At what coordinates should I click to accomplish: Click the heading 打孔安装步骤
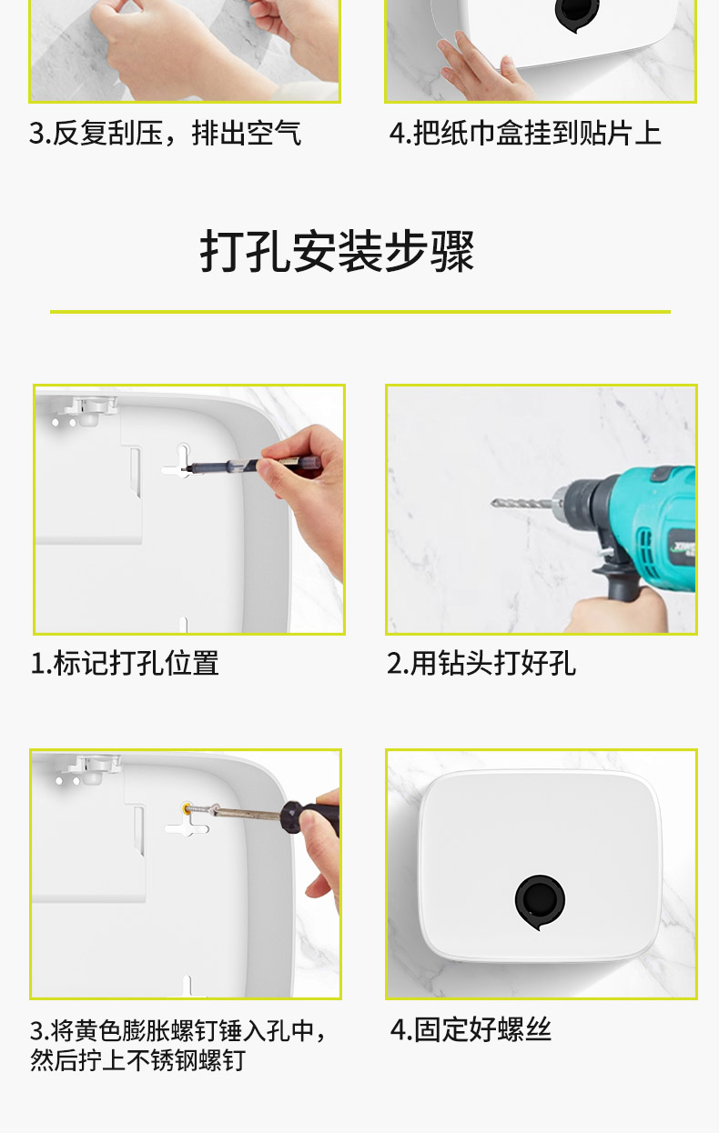[x=337, y=251]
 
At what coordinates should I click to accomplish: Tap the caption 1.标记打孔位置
[x=125, y=664]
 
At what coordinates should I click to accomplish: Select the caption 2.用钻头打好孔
[x=481, y=664]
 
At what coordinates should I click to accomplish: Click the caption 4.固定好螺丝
[x=471, y=1029]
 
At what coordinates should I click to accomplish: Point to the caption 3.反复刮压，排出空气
[x=165, y=133]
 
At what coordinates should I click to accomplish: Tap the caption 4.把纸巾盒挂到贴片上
[x=525, y=133]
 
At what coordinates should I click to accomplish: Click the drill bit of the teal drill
[x=523, y=504]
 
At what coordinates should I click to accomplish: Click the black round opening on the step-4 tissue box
[x=539, y=900]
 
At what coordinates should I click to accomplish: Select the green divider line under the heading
[x=360, y=311]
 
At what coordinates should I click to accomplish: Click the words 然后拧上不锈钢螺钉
[x=137, y=1060]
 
